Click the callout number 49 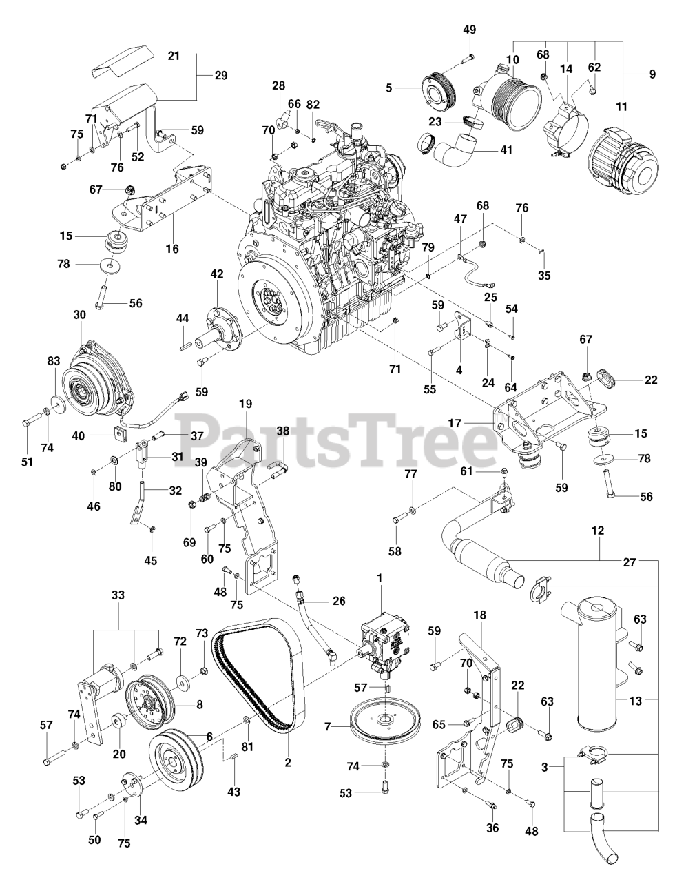(x=469, y=30)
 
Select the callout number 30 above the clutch (x=79, y=314)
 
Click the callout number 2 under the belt (x=288, y=762)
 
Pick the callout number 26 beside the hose (x=338, y=600)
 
